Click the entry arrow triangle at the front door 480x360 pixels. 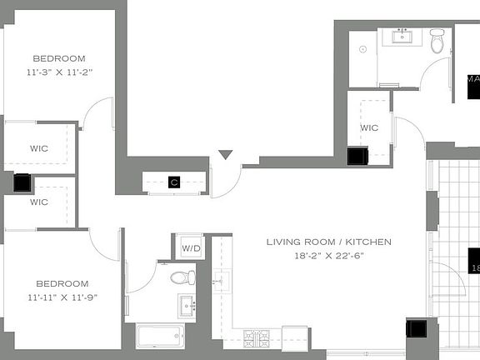tap(225, 155)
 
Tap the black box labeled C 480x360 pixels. tap(174, 182)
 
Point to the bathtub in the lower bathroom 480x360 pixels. tap(160, 337)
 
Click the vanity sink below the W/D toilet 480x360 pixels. tap(185, 303)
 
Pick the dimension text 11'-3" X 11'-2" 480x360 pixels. tap(59, 72)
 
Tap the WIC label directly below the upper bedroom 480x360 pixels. tap(38, 148)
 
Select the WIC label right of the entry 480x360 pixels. tap(369, 127)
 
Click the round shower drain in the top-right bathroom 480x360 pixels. tap(363, 49)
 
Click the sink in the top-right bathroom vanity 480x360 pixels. tap(402, 36)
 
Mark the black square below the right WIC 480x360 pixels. tap(358, 157)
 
